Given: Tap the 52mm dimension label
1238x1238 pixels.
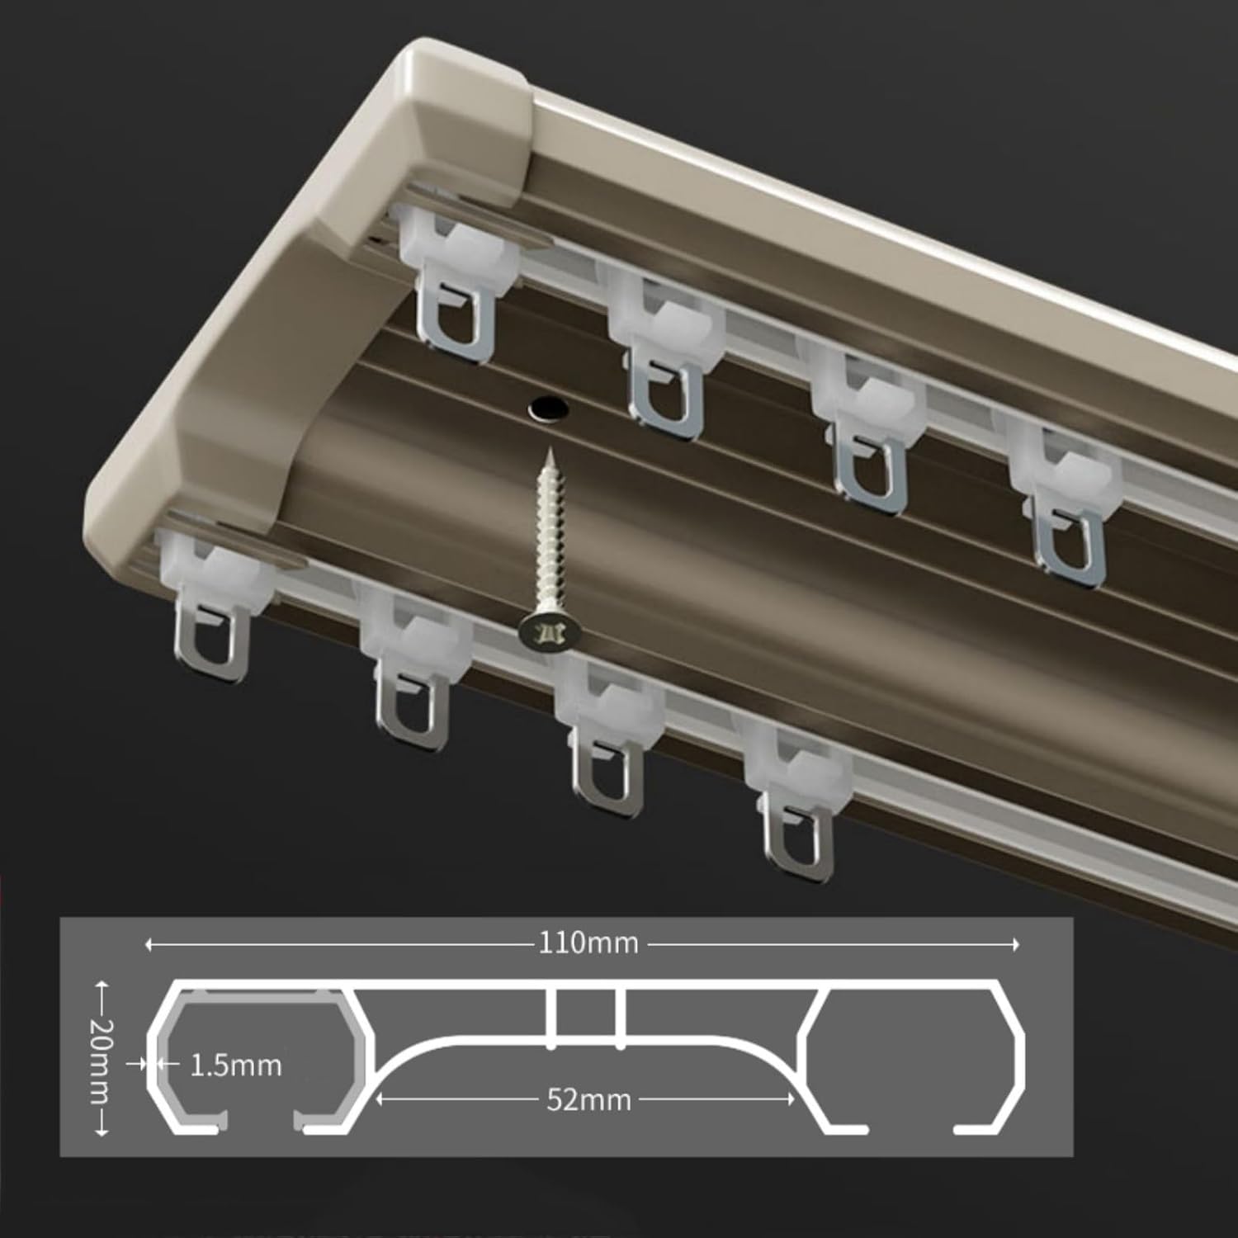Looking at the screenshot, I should tap(588, 1099).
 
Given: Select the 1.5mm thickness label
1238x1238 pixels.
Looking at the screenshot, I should tap(235, 1066).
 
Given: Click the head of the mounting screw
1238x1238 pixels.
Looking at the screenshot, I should tap(550, 634).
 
